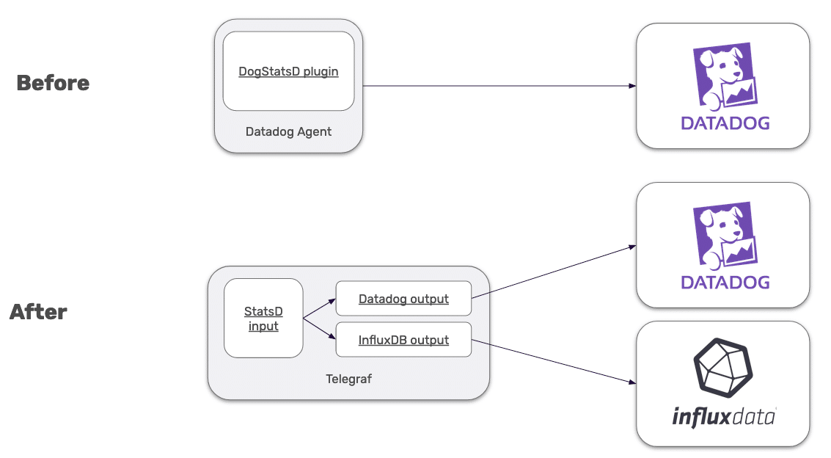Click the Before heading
coord(53,83)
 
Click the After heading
coord(38,312)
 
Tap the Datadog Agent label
coord(288,132)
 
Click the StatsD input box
coord(263,319)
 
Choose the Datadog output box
coord(403,299)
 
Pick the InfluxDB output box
coord(403,340)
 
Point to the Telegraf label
coord(348,379)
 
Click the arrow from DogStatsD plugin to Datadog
coord(499,86)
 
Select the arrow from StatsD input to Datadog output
coord(320,309)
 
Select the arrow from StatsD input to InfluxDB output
coord(320,329)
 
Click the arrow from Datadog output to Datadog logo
coord(554,272)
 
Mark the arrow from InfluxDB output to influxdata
coord(554,361)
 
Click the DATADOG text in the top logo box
coord(725,123)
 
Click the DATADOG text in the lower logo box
coord(725,282)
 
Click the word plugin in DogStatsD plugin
coord(321,72)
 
